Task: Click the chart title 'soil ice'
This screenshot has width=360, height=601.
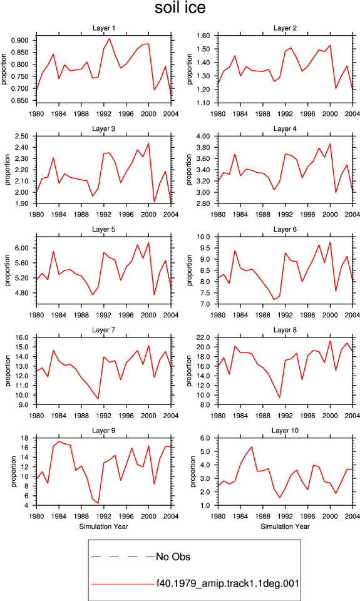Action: [180, 8]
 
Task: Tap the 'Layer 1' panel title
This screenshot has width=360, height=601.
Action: [103, 28]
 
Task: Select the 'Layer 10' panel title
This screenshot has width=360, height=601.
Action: [285, 431]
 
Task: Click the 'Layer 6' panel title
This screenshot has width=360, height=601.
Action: [285, 229]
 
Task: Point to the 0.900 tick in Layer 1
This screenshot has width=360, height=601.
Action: [19, 41]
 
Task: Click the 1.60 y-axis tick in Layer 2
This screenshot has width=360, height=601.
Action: [203, 36]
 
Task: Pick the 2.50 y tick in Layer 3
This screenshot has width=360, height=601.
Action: [21, 136]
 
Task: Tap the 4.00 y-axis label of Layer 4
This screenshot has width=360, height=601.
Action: [203, 136]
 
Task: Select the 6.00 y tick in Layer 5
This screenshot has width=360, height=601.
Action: [21, 248]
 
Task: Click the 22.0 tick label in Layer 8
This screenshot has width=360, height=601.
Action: [203, 337]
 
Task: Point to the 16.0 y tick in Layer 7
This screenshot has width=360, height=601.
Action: [21, 337]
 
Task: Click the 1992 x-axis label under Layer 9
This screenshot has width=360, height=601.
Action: [103, 516]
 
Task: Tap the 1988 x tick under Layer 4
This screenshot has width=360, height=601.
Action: [262, 214]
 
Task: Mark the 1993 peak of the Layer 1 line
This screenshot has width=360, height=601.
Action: [110, 38]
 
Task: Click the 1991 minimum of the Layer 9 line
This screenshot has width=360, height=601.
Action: [98, 503]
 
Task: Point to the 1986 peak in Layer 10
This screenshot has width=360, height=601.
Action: [252, 447]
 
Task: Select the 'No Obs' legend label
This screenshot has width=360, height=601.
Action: [173, 557]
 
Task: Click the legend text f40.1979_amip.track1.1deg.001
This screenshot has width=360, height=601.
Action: [228, 583]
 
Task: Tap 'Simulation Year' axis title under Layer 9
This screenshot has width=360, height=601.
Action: [103, 527]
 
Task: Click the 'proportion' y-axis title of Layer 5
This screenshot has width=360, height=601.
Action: [8, 270]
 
